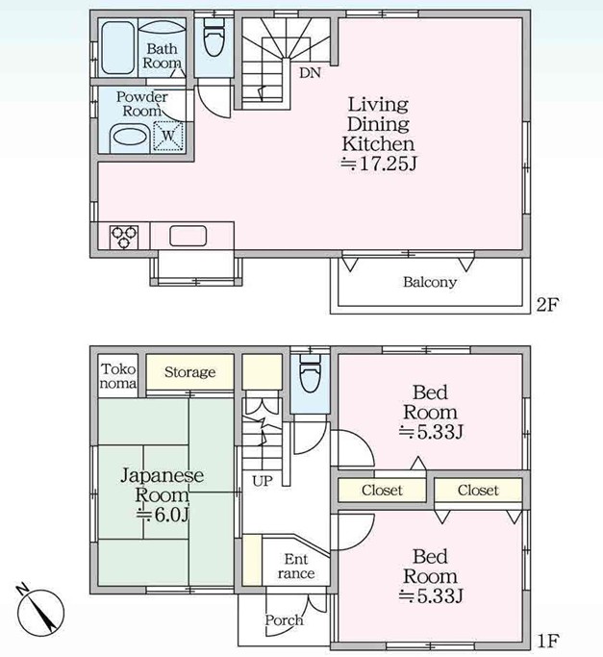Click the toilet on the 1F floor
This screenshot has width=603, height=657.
click(x=310, y=373)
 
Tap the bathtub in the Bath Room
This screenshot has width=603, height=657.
click(x=118, y=48)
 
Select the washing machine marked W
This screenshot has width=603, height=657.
click(x=167, y=136)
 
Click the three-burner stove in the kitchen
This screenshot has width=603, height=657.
click(x=124, y=238)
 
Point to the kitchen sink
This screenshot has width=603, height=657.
click(x=188, y=236)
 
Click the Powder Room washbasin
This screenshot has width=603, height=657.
click(x=130, y=137)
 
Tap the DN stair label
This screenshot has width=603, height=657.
click(x=310, y=73)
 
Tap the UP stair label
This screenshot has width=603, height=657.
click(x=263, y=481)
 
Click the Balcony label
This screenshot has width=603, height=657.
click(x=430, y=282)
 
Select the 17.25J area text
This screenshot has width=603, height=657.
click(x=378, y=163)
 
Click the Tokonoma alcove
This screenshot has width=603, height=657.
click(x=118, y=376)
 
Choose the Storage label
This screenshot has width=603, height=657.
click(x=189, y=371)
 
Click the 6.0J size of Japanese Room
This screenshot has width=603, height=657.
click(x=163, y=515)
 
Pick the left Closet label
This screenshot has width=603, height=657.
click(x=382, y=490)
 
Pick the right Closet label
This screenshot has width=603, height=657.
click(x=478, y=490)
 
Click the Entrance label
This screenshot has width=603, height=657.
click(x=296, y=566)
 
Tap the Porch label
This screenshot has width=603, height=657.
click(x=284, y=620)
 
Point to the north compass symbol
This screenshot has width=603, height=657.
click(x=40, y=610)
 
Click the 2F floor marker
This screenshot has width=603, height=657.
click(x=547, y=305)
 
